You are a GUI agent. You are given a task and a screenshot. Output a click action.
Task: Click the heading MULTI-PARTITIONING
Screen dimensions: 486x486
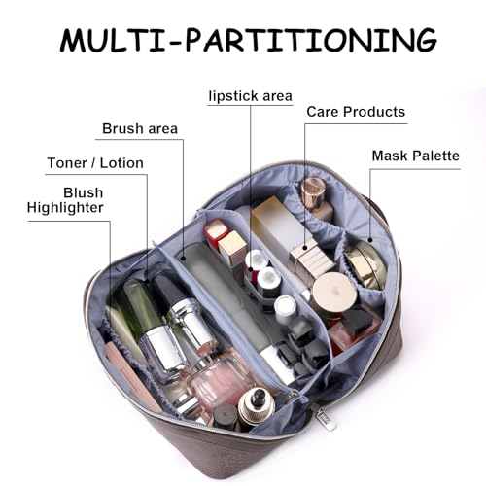coord(249,40)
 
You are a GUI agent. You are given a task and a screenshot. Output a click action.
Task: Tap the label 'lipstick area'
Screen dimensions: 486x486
coord(251,96)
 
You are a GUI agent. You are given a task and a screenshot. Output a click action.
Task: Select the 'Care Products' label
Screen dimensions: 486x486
coord(356,112)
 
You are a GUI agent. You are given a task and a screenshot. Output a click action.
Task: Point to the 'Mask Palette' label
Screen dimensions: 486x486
coord(416,156)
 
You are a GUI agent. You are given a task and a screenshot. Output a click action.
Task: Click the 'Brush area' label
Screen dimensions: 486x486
coord(140,128)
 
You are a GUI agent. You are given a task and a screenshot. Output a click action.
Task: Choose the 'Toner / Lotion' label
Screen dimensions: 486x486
coord(95,163)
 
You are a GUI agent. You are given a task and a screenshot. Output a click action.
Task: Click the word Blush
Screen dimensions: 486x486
coord(84,192)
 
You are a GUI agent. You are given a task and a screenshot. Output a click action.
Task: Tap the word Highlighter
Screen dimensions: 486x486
coord(65,208)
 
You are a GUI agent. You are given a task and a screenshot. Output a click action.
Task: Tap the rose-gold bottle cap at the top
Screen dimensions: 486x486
coord(313,190)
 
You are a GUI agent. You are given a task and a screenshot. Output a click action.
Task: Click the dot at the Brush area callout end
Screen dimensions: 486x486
coord(183,259)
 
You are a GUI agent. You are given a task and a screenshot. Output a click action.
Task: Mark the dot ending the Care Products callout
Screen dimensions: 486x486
coord(305,249)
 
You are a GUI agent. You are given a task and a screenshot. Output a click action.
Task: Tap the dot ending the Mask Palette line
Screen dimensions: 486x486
coord(371,240)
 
